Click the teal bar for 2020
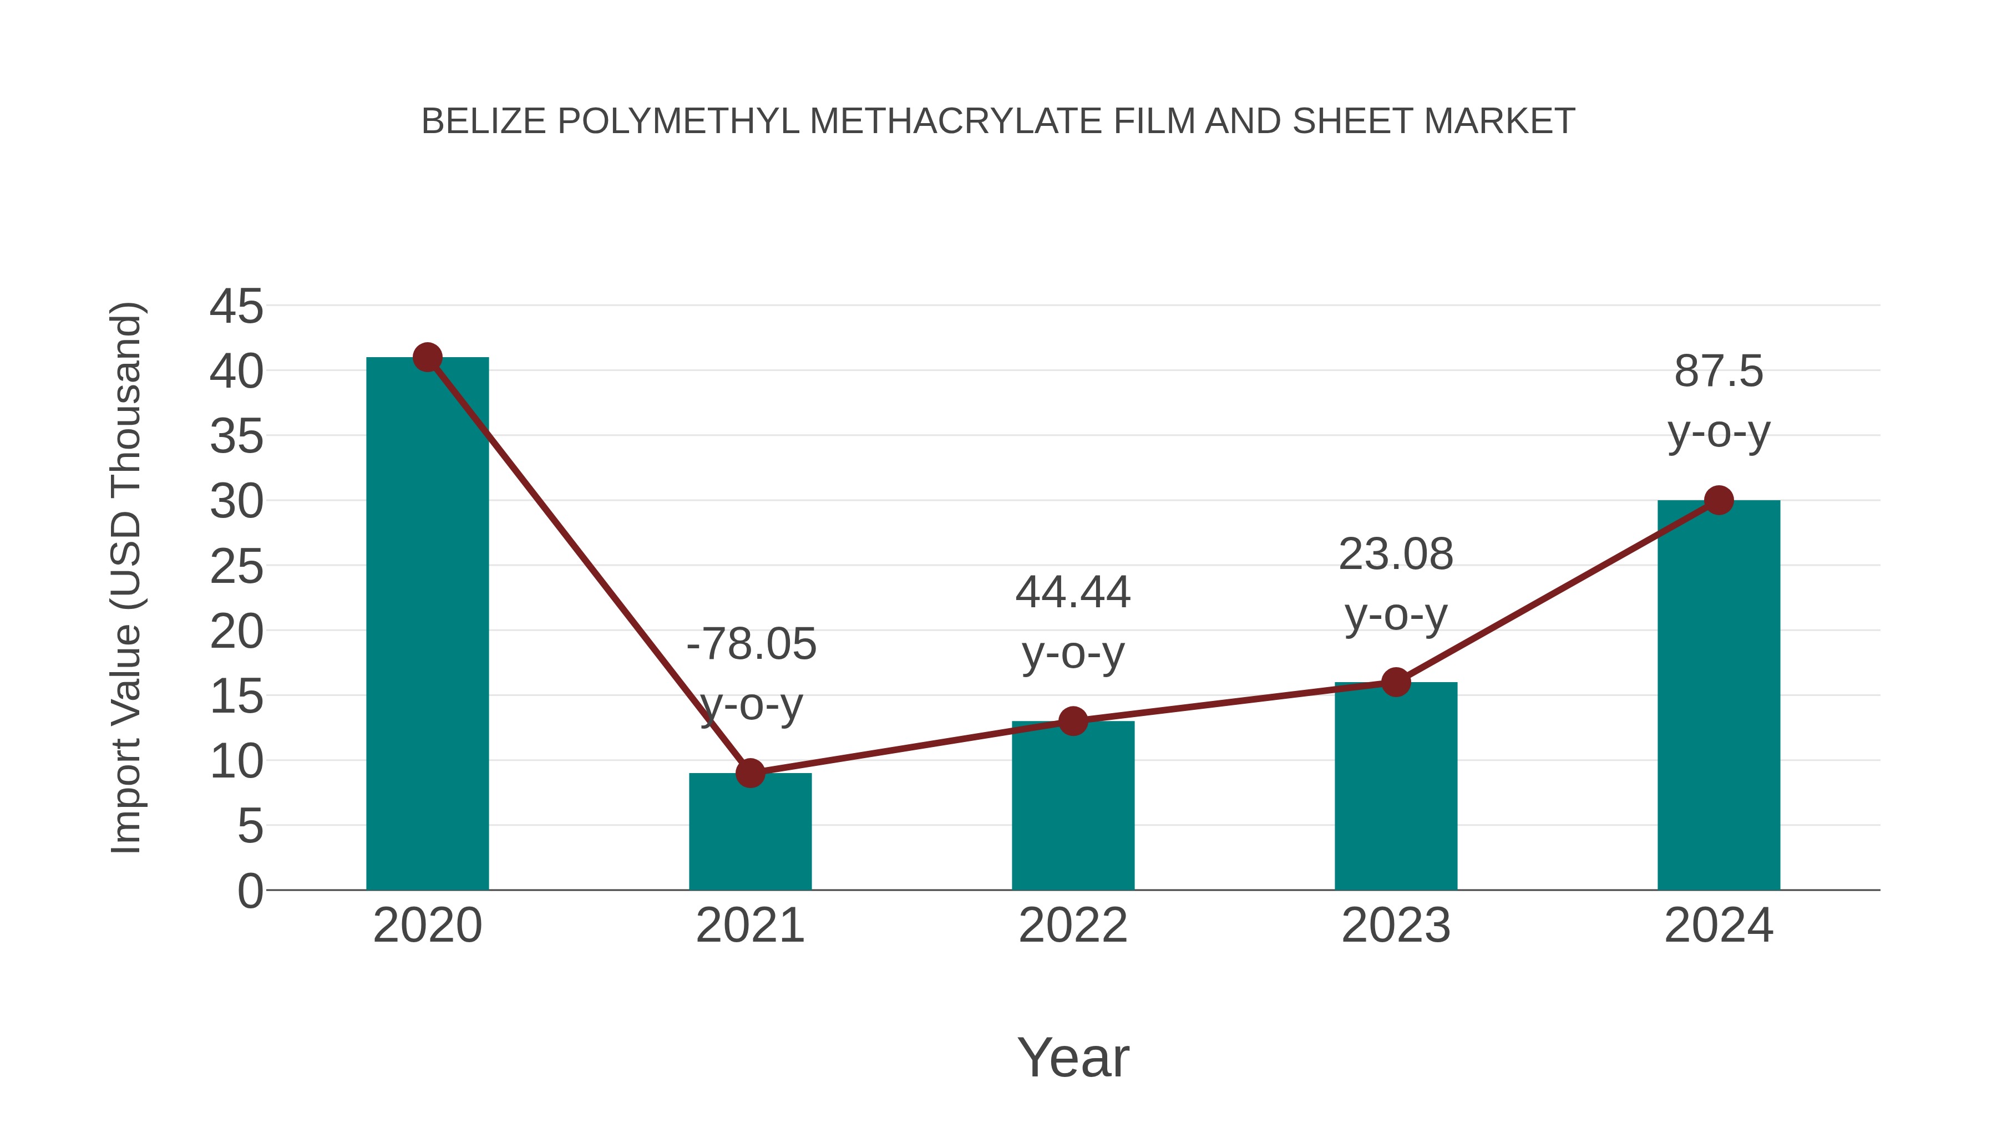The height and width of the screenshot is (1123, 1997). click(427, 623)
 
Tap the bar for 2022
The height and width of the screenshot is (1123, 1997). click(1073, 805)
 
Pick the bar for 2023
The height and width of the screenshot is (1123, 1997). click(1396, 786)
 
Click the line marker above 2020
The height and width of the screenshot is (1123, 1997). click(427, 357)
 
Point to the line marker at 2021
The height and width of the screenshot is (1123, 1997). click(749, 773)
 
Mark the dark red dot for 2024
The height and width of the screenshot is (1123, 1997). click(1719, 500)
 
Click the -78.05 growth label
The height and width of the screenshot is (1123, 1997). click(751, 644)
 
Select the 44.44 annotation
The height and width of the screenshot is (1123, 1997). click(1073, 593)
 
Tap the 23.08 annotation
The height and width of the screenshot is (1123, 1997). click(1396, 555)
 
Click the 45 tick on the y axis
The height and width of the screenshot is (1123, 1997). click(236, 306)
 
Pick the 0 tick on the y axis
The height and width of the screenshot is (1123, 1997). click(250, 891)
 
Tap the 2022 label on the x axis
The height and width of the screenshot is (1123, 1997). click(1073, 926)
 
